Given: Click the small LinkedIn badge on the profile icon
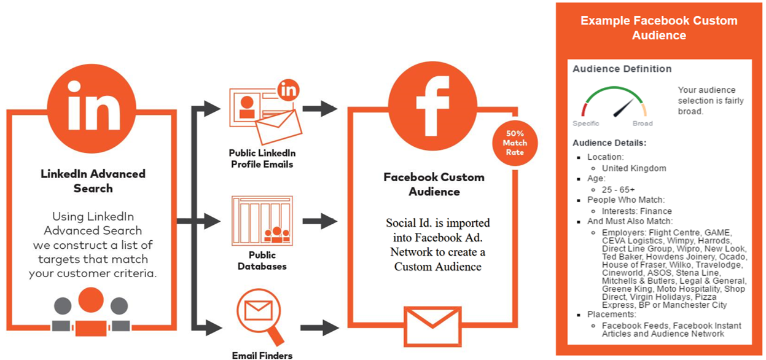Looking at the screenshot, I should coord(287,90).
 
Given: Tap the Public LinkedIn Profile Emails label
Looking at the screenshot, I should coord(262,158).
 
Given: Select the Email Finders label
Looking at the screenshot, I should coord(262,355).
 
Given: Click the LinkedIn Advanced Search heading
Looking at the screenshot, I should coord(93,181).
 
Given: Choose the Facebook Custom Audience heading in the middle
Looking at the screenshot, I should coord(434,184).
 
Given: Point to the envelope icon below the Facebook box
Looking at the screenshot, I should coord(433,323).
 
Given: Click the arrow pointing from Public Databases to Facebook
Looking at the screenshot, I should coord(320,221).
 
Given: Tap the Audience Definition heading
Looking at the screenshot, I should coord(622,69).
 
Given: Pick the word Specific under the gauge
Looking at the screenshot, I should coord(585,123).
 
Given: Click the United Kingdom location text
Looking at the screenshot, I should coord(634,168).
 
